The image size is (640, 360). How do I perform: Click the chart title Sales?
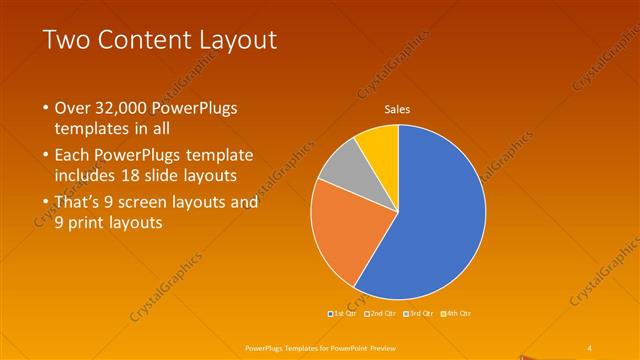(398, 110)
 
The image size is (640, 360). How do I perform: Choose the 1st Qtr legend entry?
(345, 313)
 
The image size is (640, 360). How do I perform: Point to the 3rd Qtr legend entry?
(419, 313)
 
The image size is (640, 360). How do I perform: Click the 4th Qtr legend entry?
(455, 313)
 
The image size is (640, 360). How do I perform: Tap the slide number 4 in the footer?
(590, 347)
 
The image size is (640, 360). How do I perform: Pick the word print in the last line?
(88, 223)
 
